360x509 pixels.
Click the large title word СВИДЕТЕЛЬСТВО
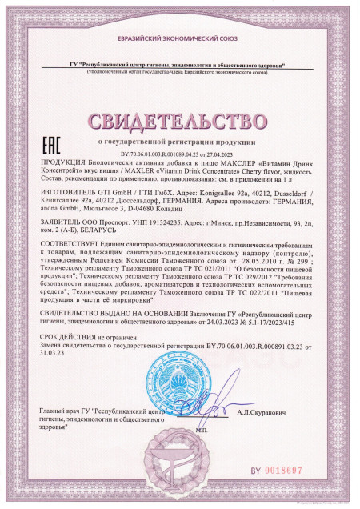180,122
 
